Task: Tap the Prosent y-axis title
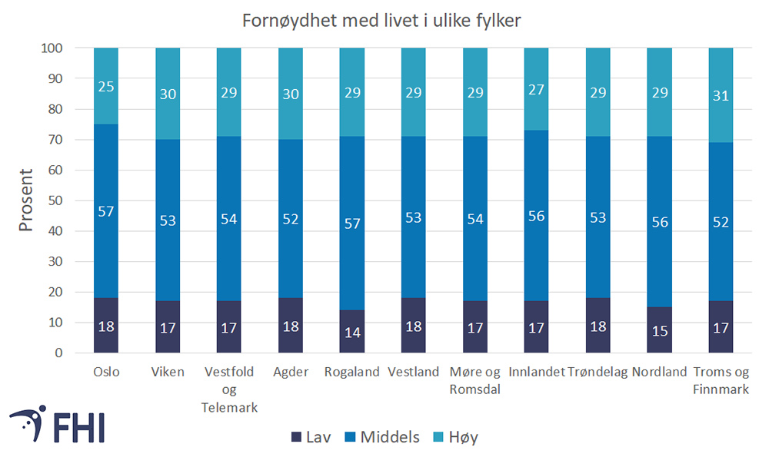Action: (x=26, y=200)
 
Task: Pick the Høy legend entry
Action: (x=456, y=437)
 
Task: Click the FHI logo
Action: (x=58, y=424)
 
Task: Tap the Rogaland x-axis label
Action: (x=351, y=372)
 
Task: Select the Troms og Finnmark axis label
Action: (x=721, y=381)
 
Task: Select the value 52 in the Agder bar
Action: (x=290, y=220)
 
